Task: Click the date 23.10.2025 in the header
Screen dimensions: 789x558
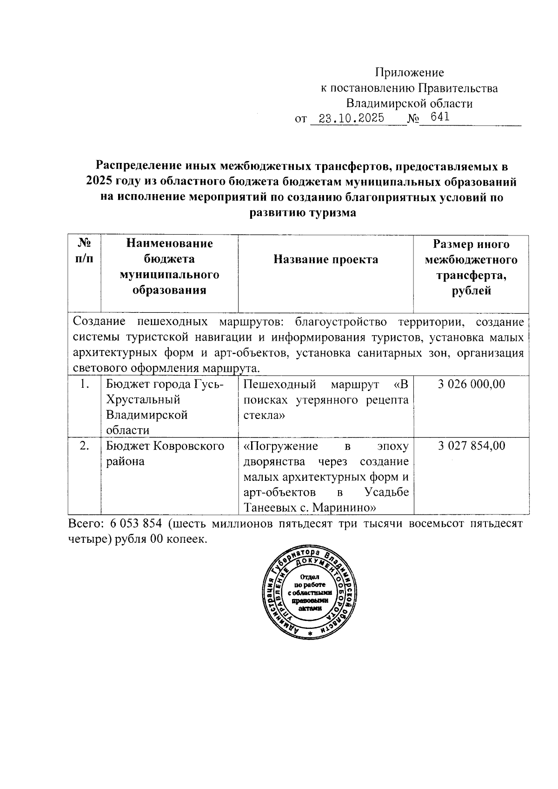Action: coord(347,118)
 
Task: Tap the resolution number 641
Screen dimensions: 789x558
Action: coord(439,117)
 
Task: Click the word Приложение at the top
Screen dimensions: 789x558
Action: coord(409,73)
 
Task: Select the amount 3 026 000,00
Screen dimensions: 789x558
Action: coord(471,384)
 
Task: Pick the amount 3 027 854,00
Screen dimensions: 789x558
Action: coord(471,446)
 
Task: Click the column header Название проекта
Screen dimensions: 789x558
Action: coord(325,259)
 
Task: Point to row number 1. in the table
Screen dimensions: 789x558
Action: coord(84,384)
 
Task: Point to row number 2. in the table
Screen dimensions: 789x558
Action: coord(84,446)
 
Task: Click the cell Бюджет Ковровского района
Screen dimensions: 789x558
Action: coord(165,453)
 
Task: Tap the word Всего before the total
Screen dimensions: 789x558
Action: coord(86,523)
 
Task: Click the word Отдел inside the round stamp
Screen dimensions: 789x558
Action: coord(310,577)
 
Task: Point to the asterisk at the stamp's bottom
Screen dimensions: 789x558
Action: coord(310,634)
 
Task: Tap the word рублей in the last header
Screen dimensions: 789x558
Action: coord(471,291)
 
